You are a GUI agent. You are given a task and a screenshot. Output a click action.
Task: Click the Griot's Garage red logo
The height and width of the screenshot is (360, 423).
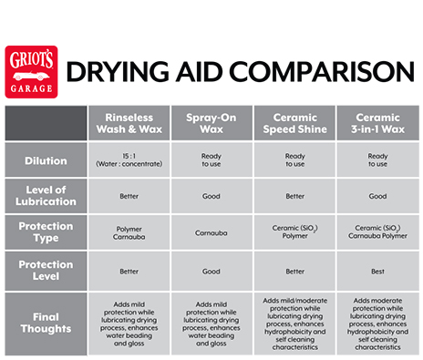tap(31, 71)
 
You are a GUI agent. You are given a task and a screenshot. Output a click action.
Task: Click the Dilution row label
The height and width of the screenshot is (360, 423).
tap(46, 161)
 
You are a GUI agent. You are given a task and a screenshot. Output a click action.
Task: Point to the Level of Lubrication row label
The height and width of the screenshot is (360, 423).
tap(46, 194)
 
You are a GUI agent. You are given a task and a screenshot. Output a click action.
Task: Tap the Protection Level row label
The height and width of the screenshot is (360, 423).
tap(46, 271)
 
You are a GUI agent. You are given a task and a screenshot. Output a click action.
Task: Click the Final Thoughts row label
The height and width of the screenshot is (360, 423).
tap(46, 323)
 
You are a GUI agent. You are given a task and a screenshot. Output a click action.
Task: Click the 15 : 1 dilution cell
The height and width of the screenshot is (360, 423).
tap(129, 159)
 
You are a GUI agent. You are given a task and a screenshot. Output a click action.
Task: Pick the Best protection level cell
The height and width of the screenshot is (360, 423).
tap(377, 271)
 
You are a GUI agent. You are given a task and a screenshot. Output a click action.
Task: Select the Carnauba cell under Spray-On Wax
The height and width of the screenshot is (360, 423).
tap(211, 232)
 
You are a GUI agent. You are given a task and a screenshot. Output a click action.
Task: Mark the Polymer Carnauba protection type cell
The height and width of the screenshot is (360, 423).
tap(129, 232)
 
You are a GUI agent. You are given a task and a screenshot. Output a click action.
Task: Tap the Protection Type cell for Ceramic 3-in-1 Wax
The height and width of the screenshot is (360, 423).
tap(377, 232)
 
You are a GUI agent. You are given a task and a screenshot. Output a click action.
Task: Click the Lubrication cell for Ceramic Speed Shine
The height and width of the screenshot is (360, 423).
tap(294, 195)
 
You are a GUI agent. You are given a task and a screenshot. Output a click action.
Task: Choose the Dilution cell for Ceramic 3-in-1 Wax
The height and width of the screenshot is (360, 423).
tap(377, 159)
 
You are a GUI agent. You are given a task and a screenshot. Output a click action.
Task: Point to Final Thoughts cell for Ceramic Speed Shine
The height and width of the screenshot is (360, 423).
tap(294, 323)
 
